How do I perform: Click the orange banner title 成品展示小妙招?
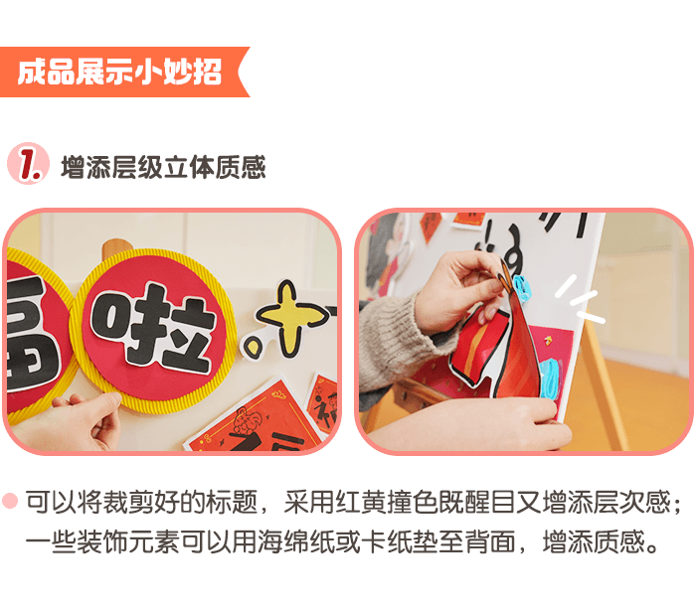click(x=119, y=73)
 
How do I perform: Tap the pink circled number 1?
click(x=27, y=164)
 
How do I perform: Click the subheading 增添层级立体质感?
click(x=163, y=166)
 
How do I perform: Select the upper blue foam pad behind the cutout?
click(x=521, y=288)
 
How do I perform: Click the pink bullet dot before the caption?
click(x=11, y=502)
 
